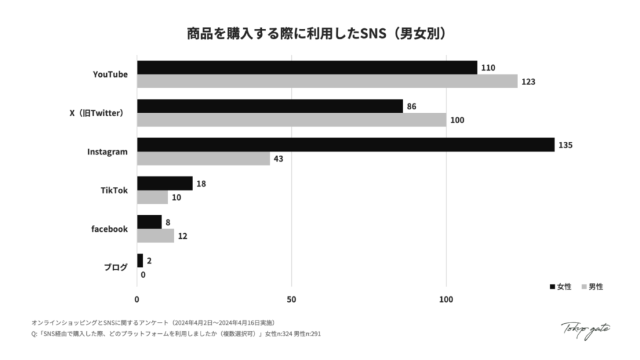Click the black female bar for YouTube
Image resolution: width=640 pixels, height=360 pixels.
click(307, 67)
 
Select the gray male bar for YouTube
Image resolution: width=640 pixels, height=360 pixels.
click(327, 81)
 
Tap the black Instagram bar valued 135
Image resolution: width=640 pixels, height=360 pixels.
click(346, 144)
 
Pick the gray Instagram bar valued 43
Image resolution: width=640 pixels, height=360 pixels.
click(203, 159)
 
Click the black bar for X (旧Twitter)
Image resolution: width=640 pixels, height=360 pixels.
click(270, 106)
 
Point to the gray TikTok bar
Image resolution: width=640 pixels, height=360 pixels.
click(152, 197)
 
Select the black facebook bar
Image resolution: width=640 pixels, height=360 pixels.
click(149, 222)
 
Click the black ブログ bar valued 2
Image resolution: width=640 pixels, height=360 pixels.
click(140, 260)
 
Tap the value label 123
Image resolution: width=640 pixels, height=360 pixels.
click(529, 82)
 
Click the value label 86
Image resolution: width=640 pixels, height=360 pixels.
click(411, 106)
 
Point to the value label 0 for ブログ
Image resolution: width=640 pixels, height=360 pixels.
click(143, 274)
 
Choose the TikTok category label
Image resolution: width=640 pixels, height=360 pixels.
click(114, 191)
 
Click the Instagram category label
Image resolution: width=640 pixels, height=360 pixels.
click(107, 152)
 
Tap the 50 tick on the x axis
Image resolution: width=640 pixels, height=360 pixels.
click(291, 299)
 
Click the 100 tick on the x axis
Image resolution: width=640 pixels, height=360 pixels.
click(446, 299)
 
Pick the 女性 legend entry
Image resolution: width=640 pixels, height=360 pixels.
click(561, 287)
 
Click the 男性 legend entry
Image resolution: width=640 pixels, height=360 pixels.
click(592, 287)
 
